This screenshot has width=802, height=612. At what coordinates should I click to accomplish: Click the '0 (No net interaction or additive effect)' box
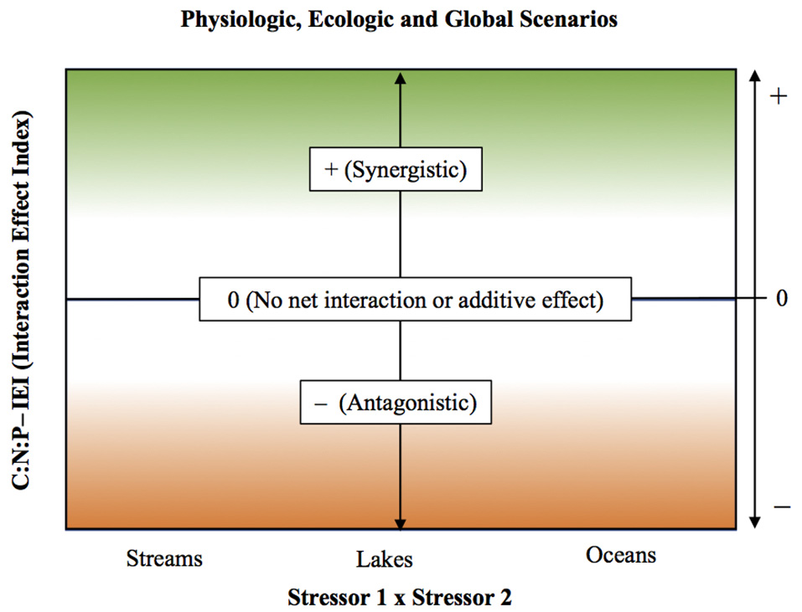coord(415,299)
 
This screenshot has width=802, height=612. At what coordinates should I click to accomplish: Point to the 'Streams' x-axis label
coord(164,557)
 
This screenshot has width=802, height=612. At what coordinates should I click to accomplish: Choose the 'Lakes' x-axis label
coord(383,558)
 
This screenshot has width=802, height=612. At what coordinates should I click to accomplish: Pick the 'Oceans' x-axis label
coord(621,554)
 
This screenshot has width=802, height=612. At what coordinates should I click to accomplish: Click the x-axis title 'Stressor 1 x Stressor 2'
coord(399,597)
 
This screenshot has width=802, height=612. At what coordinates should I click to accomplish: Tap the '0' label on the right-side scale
coord(781,298)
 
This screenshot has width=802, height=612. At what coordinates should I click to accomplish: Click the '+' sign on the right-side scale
coord(779,96)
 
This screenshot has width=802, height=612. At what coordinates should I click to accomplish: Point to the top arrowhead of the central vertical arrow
coord(401,78)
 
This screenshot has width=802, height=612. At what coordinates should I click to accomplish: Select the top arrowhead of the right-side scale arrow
coord(755,78)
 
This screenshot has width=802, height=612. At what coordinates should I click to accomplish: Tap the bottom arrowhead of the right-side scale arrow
coord(755,521)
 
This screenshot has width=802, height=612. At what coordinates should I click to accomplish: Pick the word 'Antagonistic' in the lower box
coord(407,403)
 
